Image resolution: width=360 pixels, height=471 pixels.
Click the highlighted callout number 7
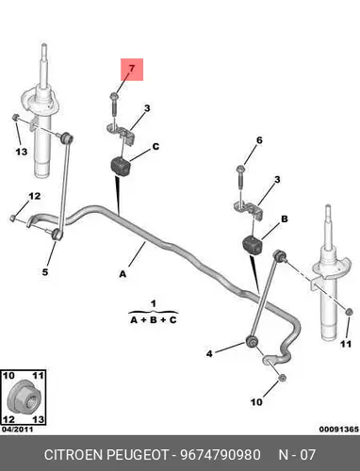pos(132,68)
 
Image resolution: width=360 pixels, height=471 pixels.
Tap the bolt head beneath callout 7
pos(114,95)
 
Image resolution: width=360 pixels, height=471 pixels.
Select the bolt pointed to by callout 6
pos(239,178)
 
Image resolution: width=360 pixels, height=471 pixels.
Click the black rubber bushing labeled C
pos(121,167)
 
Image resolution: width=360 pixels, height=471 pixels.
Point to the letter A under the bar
pos(123,274)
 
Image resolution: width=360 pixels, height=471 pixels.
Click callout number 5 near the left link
pos(45,272)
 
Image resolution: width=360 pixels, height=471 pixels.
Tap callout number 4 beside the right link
pos(209,353)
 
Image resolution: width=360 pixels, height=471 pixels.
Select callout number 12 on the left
pos(35,196)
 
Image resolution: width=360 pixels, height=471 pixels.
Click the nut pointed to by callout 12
pos(12,218)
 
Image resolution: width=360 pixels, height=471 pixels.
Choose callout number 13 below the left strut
pos(22,152)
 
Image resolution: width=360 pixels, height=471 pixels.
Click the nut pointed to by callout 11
pos(348,312)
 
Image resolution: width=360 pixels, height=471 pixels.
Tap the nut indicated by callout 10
pos(282,378)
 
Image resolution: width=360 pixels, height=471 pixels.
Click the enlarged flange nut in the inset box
pos(23,397)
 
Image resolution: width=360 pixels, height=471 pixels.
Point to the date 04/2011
pos(17,430)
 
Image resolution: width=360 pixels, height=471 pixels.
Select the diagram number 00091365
pos(338,430)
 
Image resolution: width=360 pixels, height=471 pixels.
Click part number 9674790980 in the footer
pos(220,455)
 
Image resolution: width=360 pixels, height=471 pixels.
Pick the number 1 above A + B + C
pos(154,304)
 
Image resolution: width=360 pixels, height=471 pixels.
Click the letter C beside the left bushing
pos(155,147)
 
